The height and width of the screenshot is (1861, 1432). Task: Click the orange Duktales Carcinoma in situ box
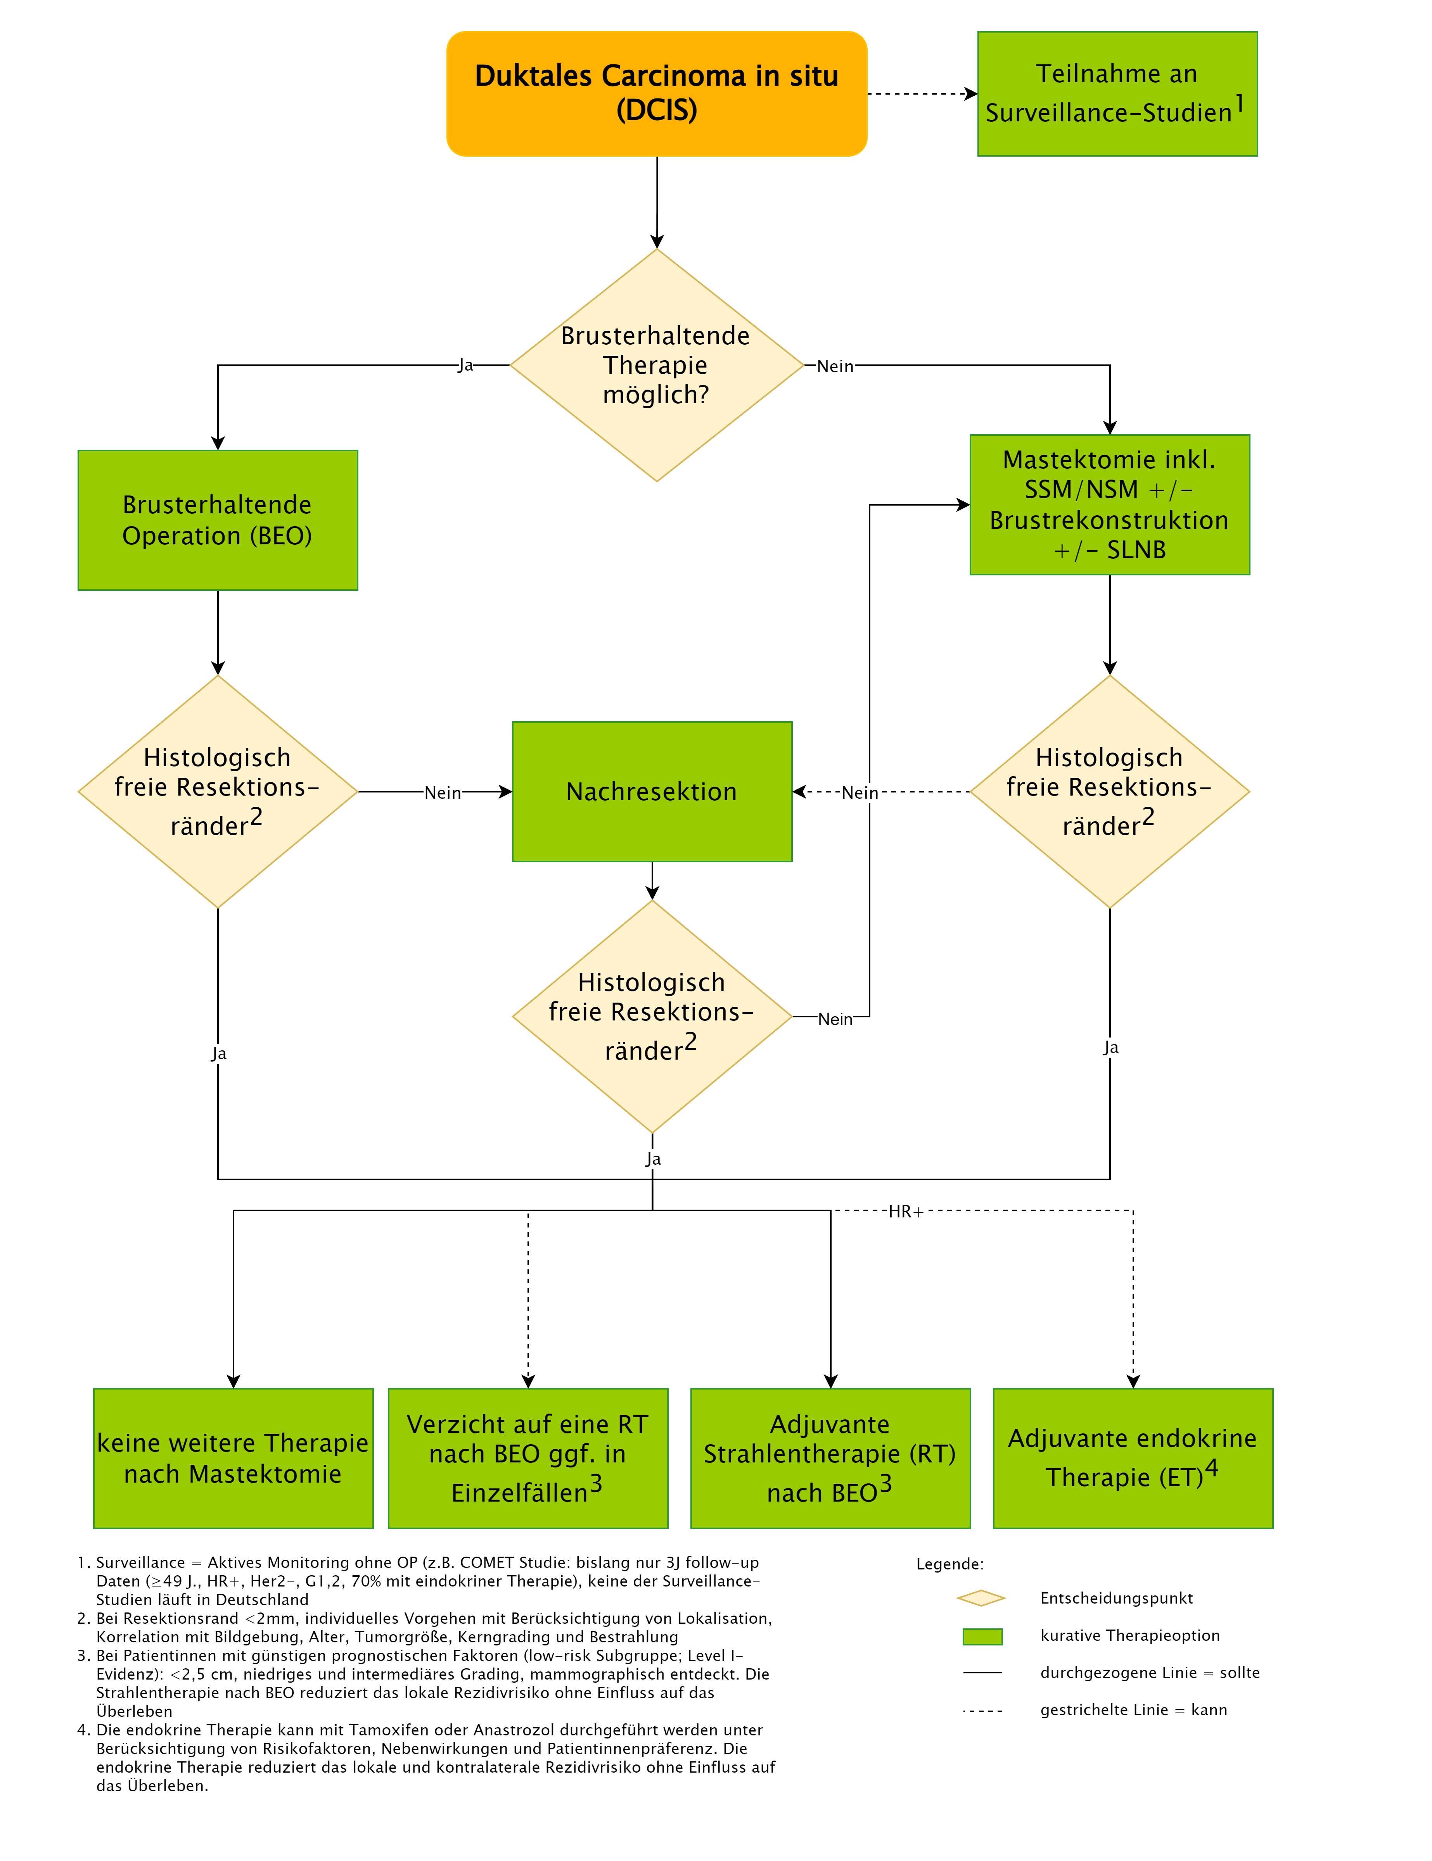click(656, 94)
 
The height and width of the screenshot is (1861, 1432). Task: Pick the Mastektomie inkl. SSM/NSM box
click(1110, 504)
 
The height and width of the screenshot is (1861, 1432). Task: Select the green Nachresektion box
click(652, 792)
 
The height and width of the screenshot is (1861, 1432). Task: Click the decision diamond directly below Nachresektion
click(652, 1017)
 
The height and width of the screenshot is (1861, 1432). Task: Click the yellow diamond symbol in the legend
click(982, 1598)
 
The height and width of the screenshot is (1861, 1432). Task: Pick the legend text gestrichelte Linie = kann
click(1134, 1710)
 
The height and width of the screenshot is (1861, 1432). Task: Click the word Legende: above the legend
click(949, 1564)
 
